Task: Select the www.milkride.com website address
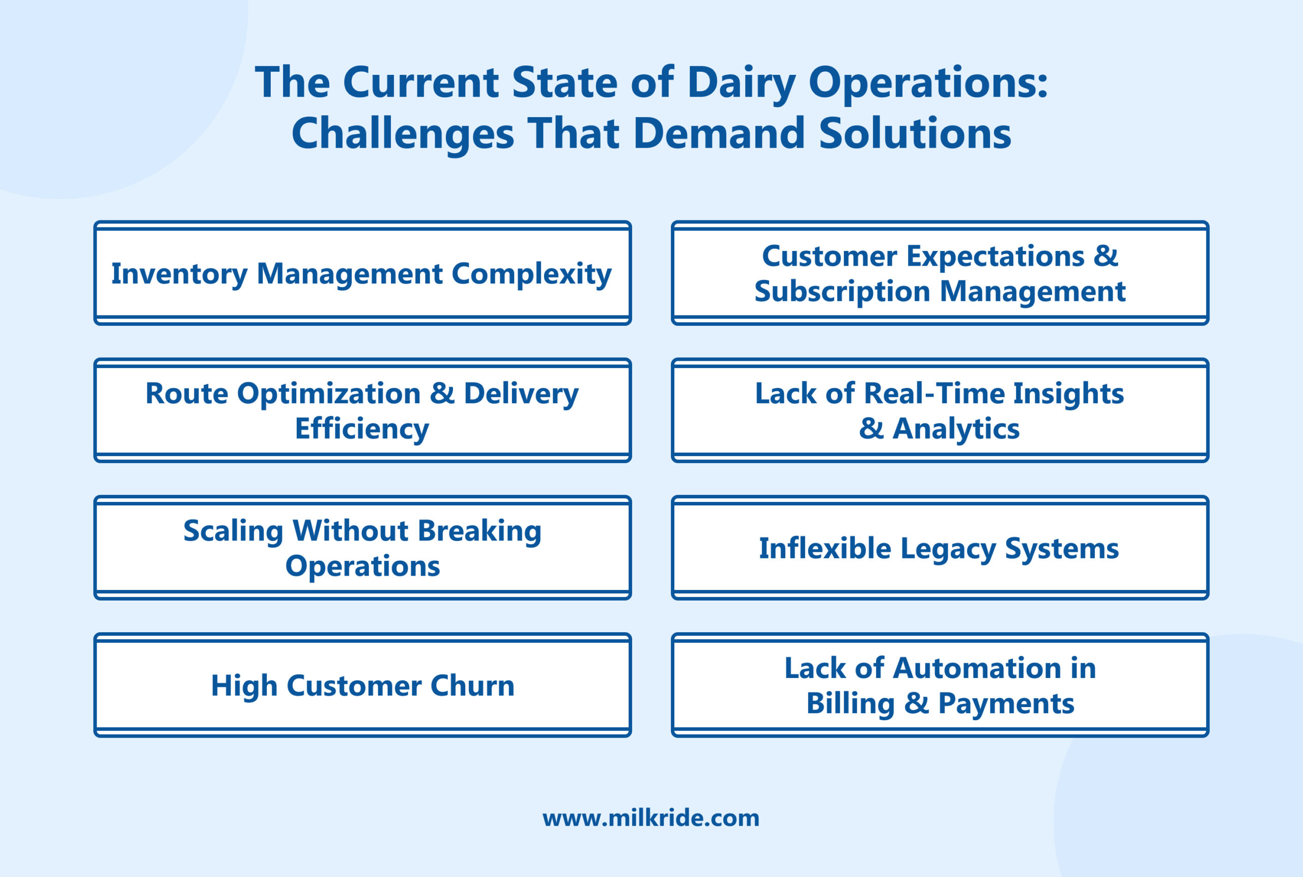pyautogui.click(x=651, y=818)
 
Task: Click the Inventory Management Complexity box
pyautogui.click(x=362, y=273)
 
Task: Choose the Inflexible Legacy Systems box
pyautogui.click(x=940, y=548)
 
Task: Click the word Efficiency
pyautogui.click(x=362, y=429)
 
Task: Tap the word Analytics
pyautogui.click(x=956, y=429)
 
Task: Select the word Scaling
pyautogui.click(x=233, y=531)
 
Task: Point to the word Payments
pyautogui.click(x=1006, y=703)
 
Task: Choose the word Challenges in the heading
pyautogui.click(x=402, y=134)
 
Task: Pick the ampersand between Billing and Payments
pyautogui.click(x=916, y=703)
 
